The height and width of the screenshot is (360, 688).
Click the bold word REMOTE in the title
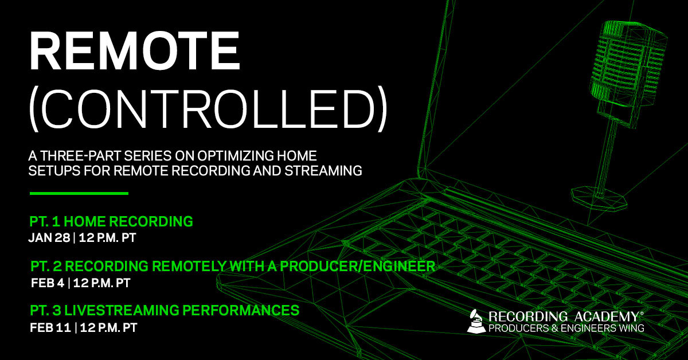pos(135,50)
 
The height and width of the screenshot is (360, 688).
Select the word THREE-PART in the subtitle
pos(80,156)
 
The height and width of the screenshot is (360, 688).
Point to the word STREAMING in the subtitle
pos(323,170)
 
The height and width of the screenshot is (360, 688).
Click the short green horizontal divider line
pos(79,193)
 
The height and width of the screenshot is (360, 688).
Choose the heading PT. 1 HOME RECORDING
pos(111,221)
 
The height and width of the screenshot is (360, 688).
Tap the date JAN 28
pos(49,238)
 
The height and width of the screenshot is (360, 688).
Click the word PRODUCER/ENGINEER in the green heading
pos(357,266)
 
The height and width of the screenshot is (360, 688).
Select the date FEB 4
pos(48,283)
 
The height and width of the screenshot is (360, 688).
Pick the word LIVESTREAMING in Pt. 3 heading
pos(122,310)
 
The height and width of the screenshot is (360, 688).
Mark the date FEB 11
pos(50,327)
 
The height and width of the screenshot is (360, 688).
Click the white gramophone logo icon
pos(476,321)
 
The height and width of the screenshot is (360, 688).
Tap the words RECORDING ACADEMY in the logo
pos(564,316)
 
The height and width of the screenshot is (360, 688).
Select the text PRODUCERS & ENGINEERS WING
pos(566,328)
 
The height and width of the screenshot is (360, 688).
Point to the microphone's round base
pos(599,198)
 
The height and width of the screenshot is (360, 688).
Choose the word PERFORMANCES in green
pos(241,310)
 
